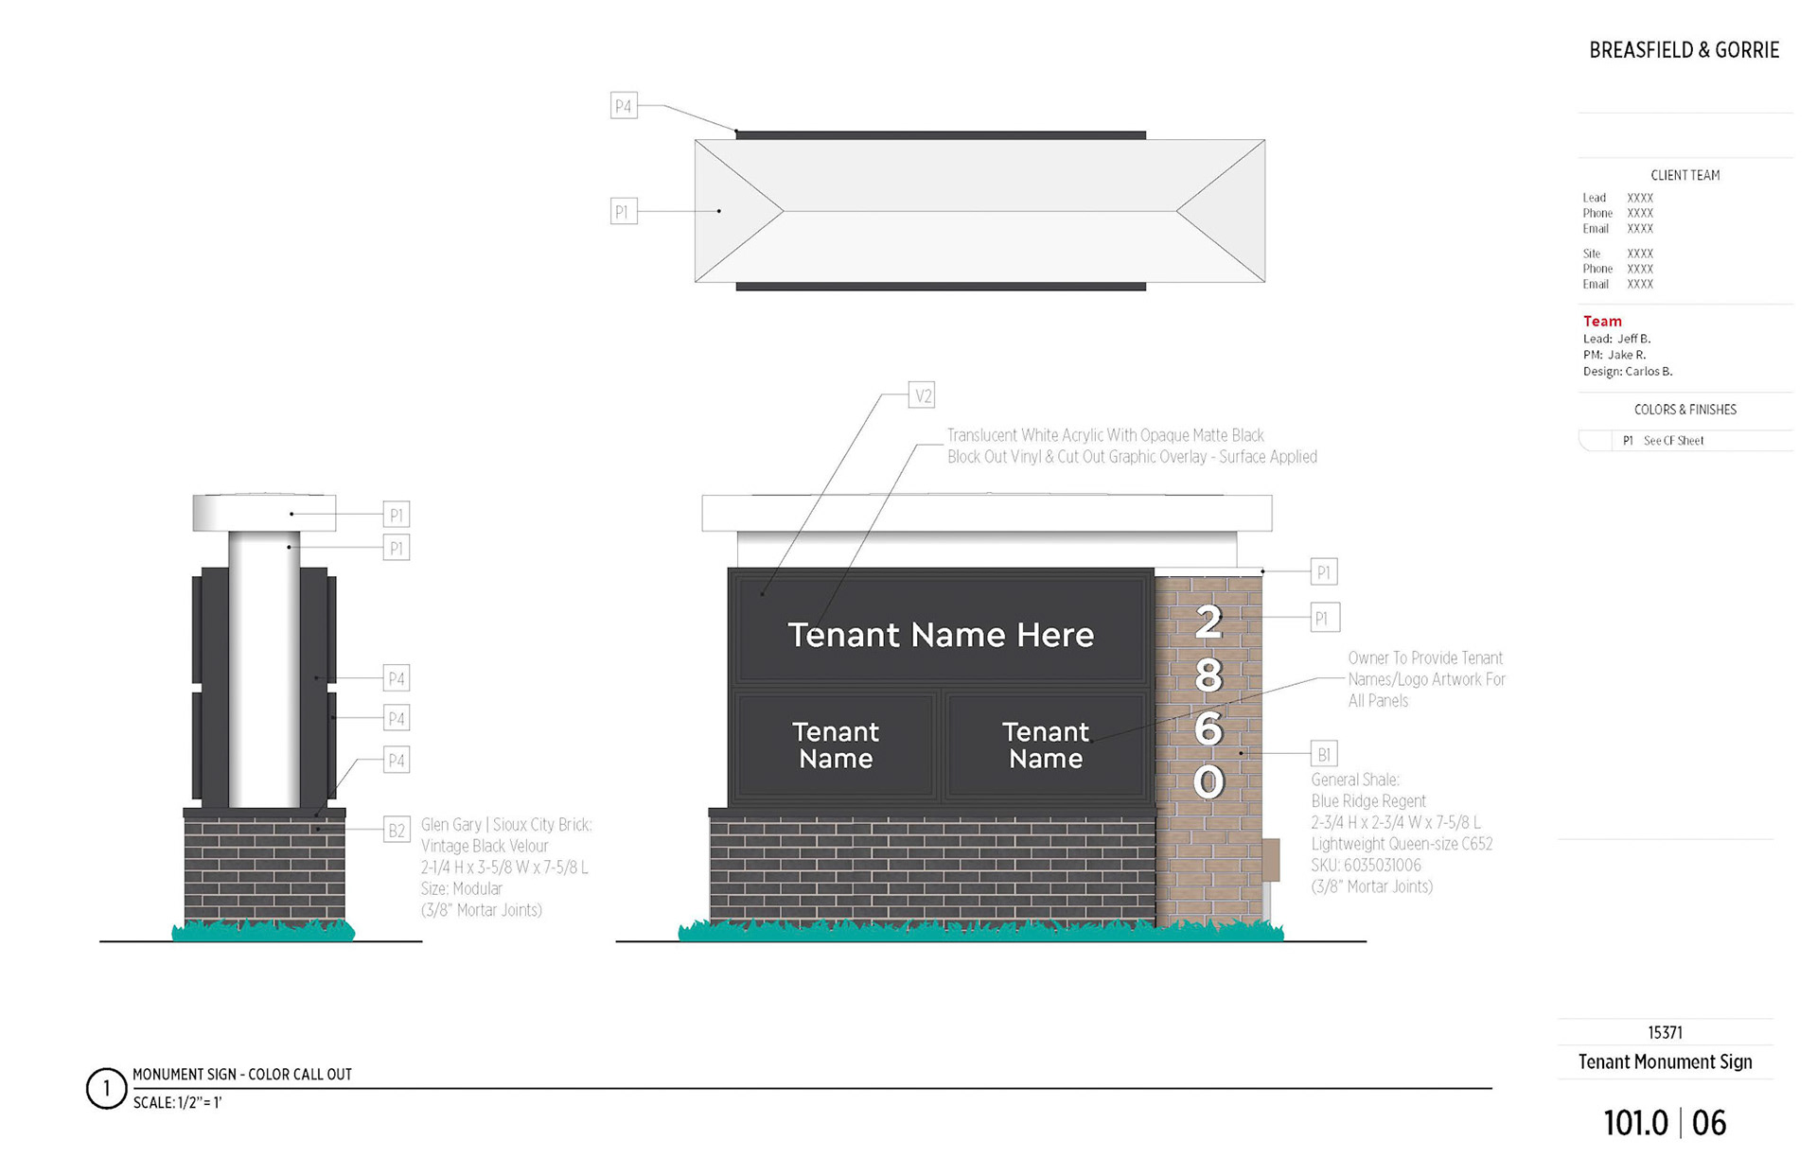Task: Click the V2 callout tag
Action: (x=922, y=395)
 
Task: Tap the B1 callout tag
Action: (x=1323, y=754)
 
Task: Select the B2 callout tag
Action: (x=397, y=831)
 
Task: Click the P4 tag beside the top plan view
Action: (x=623, y=106)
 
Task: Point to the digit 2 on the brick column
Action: (x=1208, y=622)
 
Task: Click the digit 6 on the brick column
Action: (x=1208, y=728)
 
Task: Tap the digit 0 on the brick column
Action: (x=1208, y=781)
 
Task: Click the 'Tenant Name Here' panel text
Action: (x=941, y=635)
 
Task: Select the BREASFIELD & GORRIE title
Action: (x=1684, y=50)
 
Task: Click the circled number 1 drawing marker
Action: (x=106, y=1088)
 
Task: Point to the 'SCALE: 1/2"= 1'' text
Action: (x=177, y=1103)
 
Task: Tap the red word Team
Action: (x=1602, y=322)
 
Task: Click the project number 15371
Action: (x=1665, y=1032)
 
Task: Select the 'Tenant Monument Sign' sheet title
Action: (x=1665, y=1061)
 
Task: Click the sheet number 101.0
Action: (x=1635, y=1123)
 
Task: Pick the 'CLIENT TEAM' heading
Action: (x=1685, y=175)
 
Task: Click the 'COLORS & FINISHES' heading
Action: (x=1685, y=410)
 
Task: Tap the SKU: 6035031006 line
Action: (x=1366, y=865)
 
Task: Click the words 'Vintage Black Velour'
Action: (x=485, y=846)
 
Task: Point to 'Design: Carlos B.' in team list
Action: (x=1628, y=372)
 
